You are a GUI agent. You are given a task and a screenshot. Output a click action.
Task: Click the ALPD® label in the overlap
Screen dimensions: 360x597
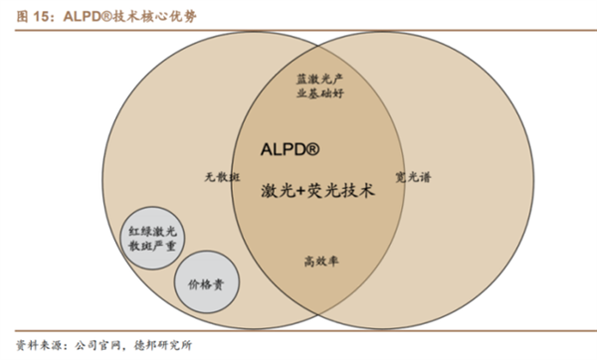point(290,149)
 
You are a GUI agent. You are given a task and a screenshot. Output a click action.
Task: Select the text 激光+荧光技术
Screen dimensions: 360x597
point(317,189)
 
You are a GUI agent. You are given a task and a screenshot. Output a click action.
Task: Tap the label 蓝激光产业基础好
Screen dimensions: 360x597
point(317,84)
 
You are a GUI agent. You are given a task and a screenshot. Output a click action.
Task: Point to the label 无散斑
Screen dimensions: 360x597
point(217,177)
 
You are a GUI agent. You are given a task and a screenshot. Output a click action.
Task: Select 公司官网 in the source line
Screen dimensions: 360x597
point(98,345)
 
